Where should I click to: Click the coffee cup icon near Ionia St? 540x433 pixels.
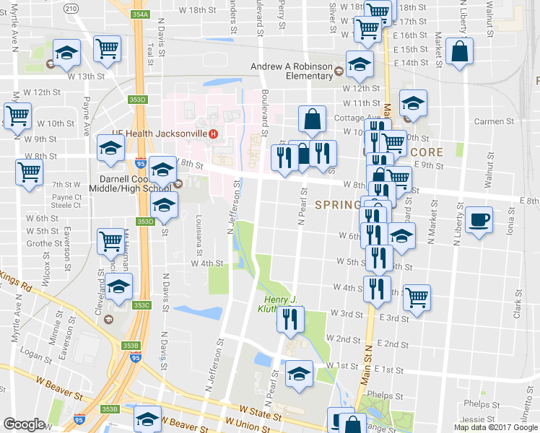[478, 220]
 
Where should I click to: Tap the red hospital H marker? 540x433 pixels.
[213, 134]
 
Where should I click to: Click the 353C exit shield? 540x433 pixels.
[141, 305]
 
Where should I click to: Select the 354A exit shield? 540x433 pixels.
[141, 14]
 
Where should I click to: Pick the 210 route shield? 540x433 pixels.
[70, 8]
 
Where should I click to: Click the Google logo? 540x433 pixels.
[24, 424]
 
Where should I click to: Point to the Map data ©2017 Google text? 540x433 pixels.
[495, 427]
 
